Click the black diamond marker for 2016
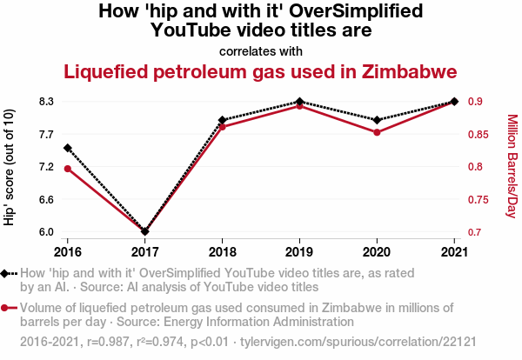click(x=68, y=149)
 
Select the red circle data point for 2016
click(x=68, y=168)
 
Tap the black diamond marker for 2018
click(x=223, y=120)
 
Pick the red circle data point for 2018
click(x=223, y=127)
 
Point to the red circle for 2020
click(x=377, y=132)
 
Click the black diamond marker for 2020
click(x=377, y=120)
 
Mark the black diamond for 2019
click(x=299, y=102)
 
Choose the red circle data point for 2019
click(x=299, y=106)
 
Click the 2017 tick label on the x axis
click(x=145, y=252)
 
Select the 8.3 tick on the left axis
click(x=46, y=102)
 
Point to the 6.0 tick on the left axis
click(x=46, y=232)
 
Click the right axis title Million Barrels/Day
click(x=512, y=165)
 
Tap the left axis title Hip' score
click(x=10, y=167)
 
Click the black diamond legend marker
click(x=6, y=273)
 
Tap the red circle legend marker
click(x=6, y=308)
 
